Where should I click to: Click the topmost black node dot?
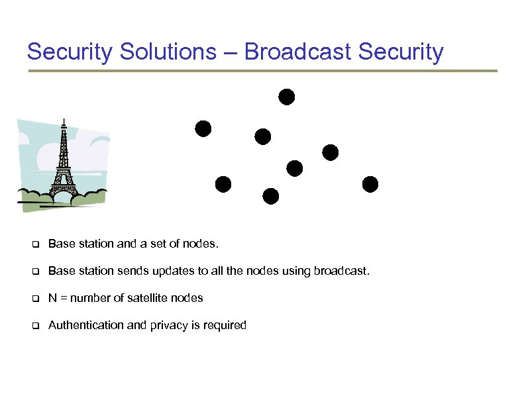pyautogui.click(x=286, y=97)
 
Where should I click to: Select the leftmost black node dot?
pyautogui.click(x=203, y=128)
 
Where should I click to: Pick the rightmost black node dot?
pyautogui.click(x=370, y=184)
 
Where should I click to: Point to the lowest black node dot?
pyautogui.click(x=270, y=196)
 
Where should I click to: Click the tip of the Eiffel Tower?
pyautogui.click(x=64, y=121)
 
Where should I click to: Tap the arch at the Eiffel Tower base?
pyautogui.click(x=64, y=192)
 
